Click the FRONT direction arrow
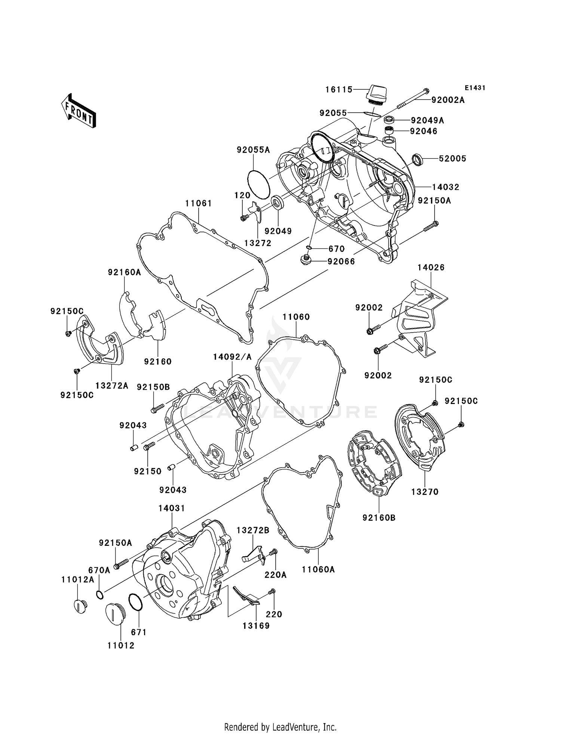point(79,111)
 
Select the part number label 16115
point(339,89)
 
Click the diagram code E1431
point(475,88)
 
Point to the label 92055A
point(253,150)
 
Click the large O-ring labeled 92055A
point(259,184)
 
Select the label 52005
point(453,159)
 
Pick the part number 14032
point(446,187)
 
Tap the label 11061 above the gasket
point(198,204)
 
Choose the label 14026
point(431,267)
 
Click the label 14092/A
point(232,357)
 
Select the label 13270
point(424,492)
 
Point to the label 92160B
point(379,518)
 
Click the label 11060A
point(318,569)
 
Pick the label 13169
point(256,626)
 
